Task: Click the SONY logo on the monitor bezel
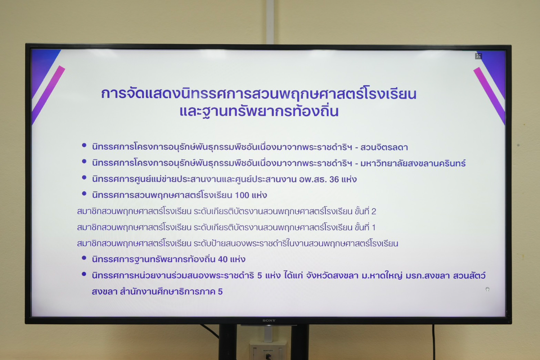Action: click(x=269, y=320)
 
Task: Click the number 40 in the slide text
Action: click(x=223, y=260)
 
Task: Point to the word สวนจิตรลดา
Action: click(x=384, y=147)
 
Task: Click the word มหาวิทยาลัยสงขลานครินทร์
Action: click(x=413, y=163)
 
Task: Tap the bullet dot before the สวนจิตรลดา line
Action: click(x=84, y=145)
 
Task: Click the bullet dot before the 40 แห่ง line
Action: click(x=84, y=258)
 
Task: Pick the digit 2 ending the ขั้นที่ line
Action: click(x=373, y=211)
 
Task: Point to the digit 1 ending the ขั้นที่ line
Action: click(x=373, y=227)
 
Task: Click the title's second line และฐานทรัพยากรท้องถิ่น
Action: click(x=259, y=111)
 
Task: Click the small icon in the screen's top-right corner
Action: click(x=478, y=56)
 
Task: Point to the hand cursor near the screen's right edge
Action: click(x=487, y=289)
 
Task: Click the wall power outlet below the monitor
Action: click(x=268, y=351)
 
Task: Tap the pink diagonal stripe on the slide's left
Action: click(x=48, y=95)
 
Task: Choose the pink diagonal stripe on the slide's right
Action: click(x=490, y=96)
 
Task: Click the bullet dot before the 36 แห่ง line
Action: click(x=84, y=177)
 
